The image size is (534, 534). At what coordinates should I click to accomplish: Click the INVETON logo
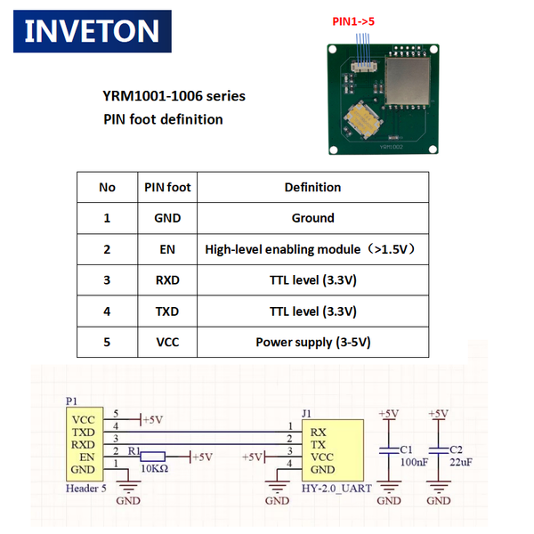92,31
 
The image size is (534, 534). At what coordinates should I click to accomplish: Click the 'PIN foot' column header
167,187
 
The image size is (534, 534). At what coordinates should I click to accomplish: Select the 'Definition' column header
312,187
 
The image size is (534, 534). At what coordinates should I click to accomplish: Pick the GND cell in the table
167,218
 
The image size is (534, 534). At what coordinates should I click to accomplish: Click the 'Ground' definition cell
312,218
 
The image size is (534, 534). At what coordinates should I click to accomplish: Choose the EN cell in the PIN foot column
167,249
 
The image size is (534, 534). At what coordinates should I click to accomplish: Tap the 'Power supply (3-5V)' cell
312,342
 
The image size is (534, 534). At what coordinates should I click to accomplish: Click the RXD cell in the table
167,280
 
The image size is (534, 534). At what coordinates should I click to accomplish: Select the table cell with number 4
107,311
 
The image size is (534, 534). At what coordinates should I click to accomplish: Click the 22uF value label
461,463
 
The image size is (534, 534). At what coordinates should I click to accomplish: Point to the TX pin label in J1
317,444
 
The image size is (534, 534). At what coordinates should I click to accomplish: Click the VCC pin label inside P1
83,419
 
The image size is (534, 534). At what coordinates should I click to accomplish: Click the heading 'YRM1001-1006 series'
174,96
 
